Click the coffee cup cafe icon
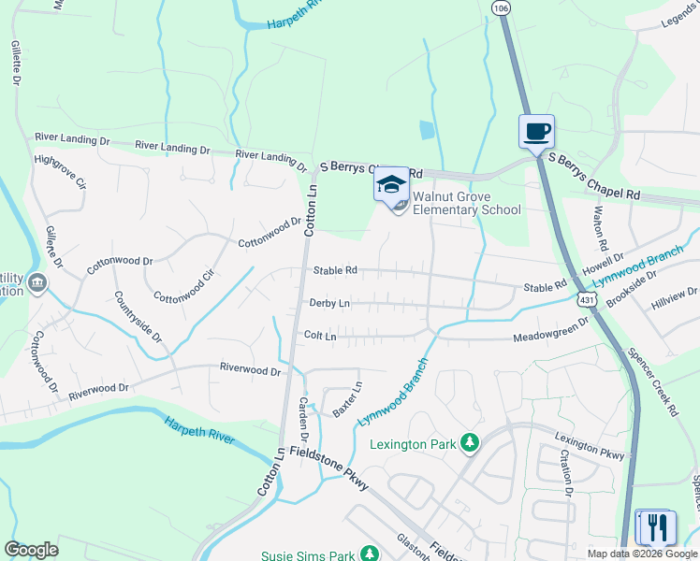(x=536, y=132)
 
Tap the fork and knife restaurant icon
(x=655, y=526)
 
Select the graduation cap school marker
(x=391, y=183)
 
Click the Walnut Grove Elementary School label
(x=466, y=203)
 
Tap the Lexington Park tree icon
(x=470, y=442)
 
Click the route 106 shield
(x=501, y=7)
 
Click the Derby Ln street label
(x=329, y=303)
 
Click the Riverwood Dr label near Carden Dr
(x=250, y=370)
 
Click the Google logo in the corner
(x=31, y=550)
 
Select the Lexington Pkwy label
(x=589, y=446)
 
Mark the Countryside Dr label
(x=139, y=316)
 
